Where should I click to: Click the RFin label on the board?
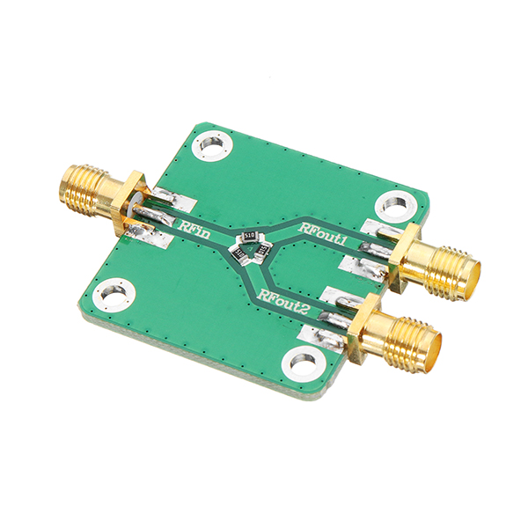[x=194, y=228]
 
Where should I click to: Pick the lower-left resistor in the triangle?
[x=239, y=254]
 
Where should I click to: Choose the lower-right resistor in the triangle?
[x=262, y=255]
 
